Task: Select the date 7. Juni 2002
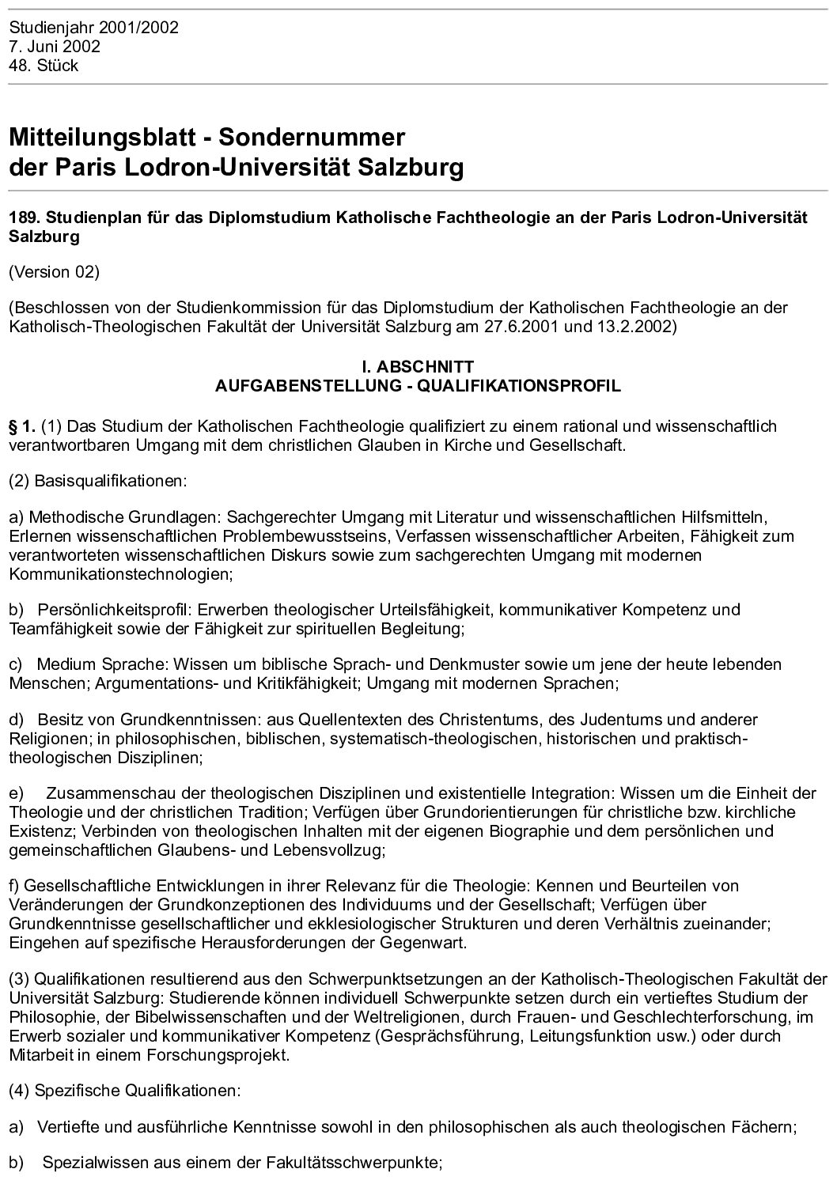point(55,47)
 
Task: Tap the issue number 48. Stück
point(44,66)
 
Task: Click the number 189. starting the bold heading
point(22,218)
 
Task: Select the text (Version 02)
point(54,272)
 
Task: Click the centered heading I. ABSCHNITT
point(418,368)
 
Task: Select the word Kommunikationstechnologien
point(120,573)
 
